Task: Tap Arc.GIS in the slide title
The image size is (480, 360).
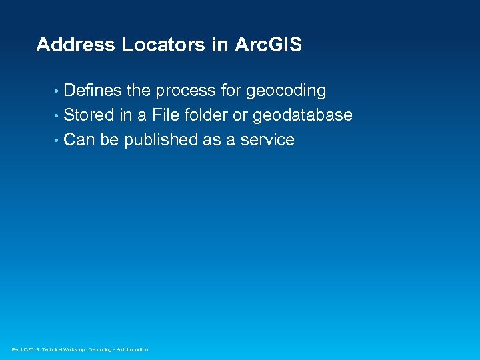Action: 268,45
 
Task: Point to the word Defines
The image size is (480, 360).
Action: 93,91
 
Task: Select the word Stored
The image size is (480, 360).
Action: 89,115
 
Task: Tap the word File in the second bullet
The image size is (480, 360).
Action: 165,115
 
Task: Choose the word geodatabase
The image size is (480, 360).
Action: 303,115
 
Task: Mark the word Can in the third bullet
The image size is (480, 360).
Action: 80,140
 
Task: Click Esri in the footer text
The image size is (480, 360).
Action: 16,350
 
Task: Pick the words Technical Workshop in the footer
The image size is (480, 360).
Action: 63,350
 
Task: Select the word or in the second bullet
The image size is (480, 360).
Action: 240,115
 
